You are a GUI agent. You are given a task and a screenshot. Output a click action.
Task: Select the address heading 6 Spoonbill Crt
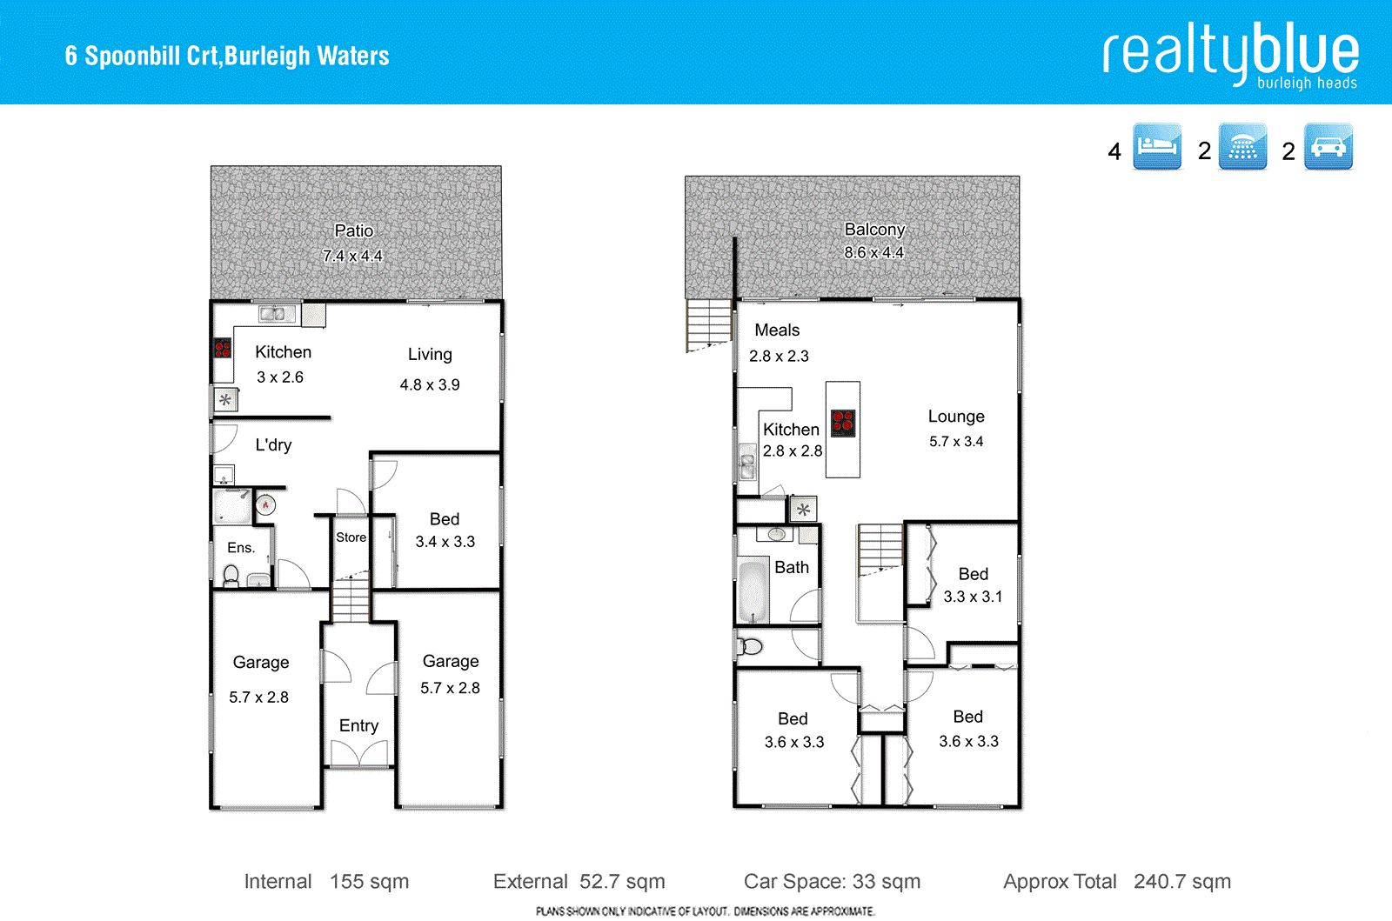click(x=227, y=56)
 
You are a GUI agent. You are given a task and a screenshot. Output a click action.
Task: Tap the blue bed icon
click(x=1156, y=146)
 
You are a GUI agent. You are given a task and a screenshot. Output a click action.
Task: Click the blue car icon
click(x=1328, y=146)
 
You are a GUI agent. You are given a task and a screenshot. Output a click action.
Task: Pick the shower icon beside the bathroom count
click(x=1242, y=146)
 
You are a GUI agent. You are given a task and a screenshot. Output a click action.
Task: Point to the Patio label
click(x=353, y=230)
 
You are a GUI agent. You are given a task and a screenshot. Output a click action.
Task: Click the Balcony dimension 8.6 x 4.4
click(x=873, y=252)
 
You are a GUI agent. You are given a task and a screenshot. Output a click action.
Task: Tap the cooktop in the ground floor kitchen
click(x=223, y=349)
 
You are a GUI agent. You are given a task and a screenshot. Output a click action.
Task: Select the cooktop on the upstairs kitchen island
click(x=843, y=423)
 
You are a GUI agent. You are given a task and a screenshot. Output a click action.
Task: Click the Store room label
click(x=351, y=537)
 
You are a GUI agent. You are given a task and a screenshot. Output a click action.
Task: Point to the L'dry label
click(x=273, y=445)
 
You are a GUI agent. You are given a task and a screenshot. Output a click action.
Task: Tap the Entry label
click(x=358, y=725)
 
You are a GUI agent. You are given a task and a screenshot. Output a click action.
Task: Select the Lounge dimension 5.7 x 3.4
click(x=955, y=442)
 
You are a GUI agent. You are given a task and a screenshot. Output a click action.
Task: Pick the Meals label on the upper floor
click(x=777, y=330)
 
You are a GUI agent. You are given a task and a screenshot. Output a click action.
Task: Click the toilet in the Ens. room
click(x=231, y=575)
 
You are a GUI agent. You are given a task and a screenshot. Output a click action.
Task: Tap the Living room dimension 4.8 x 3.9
click(x=430, y=384)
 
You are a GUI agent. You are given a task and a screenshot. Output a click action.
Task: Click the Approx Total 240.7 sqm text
click(x=1117, y=882)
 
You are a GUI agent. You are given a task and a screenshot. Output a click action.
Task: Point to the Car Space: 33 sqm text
click(x=832, y=882)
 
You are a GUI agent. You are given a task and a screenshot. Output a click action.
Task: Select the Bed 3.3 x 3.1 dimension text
click(x=973, y=597)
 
